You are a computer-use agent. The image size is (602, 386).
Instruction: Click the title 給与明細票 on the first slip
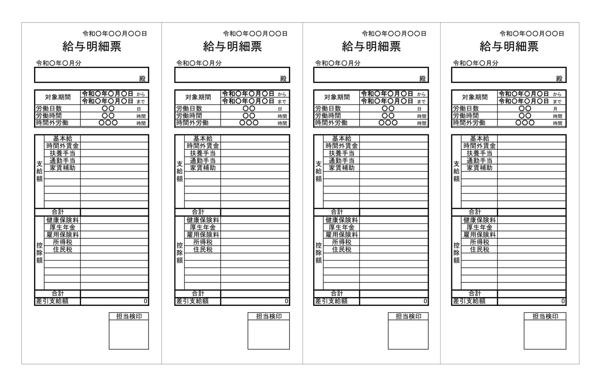(x=92, y=47)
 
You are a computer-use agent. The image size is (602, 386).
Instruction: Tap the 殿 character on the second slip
(x=283, y=79)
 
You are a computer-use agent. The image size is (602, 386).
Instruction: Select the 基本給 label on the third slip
(x=342, y=138)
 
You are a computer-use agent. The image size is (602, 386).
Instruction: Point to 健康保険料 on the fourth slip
(x=479, y=220)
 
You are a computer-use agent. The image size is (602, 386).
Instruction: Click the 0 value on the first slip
(x=146, y=301)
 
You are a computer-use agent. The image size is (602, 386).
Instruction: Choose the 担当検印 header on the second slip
(x=269, y=316)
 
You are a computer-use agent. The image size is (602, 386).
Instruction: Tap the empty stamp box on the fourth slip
(x=545, y=334)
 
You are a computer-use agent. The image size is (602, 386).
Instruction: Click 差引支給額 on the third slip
(x=331, y=301)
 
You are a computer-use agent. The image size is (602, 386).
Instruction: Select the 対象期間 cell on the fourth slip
(x=475, y=97)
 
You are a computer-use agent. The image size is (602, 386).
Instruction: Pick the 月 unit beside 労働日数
(x=555, y=109)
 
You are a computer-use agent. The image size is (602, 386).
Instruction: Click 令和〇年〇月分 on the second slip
(x=199, y=63)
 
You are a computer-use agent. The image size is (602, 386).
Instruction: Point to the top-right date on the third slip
(x=394, y=34)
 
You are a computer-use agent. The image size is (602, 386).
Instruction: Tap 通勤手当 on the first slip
(x=62, y=160)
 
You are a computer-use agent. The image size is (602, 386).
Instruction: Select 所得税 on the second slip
(x=203, y=242)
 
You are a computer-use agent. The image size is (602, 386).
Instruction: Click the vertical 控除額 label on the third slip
(x=319, y=253)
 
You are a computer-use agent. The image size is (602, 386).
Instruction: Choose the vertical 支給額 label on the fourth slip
(x=456, y=171)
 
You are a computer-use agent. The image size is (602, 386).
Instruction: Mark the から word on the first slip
(x=141, y=95)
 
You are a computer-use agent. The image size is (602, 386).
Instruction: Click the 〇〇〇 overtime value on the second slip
(x=249, y=123)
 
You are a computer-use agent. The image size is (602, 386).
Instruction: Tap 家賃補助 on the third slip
(x=342, y=168)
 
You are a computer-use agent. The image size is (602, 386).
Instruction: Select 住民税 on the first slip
(x=62, y=249)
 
